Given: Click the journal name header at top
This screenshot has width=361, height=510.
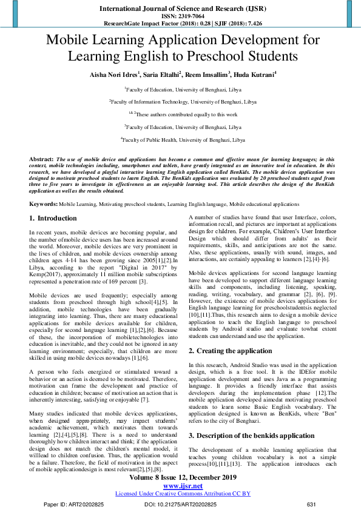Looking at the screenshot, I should [180, 8].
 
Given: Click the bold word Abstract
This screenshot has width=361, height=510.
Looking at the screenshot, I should [41, 159].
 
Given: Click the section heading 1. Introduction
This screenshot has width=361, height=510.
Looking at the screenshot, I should [53, 218].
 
